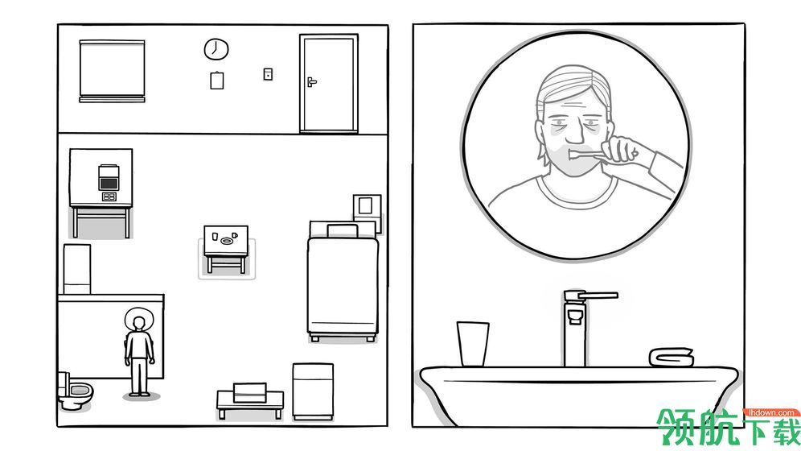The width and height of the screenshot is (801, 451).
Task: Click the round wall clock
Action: click(216, 49)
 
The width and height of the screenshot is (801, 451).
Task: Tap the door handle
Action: click(311, 81)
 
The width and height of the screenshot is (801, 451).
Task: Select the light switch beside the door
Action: click(268, 74)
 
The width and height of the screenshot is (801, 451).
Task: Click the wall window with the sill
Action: click(112, 71)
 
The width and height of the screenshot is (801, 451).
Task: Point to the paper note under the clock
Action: click(216, 81)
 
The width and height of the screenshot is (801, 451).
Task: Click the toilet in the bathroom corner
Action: click(75, 391)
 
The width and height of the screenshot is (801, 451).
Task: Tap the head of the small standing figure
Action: click(138, 323)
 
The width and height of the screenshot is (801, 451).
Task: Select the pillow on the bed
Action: click(343, 230)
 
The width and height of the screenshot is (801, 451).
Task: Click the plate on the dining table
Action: click(226, 241)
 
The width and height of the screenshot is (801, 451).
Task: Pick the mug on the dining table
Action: click(235, 236)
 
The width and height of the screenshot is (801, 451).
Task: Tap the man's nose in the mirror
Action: click(575, 133)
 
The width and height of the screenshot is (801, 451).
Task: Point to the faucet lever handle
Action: click(597, 295)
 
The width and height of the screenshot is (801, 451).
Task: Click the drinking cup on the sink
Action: click(473, 344)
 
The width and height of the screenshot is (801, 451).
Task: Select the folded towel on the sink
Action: click(672, 357)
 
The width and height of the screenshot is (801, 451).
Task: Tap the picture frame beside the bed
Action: click(367, 207)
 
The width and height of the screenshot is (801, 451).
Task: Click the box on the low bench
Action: click(250, 392)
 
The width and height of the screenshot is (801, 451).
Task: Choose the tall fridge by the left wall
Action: click(77, 269)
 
